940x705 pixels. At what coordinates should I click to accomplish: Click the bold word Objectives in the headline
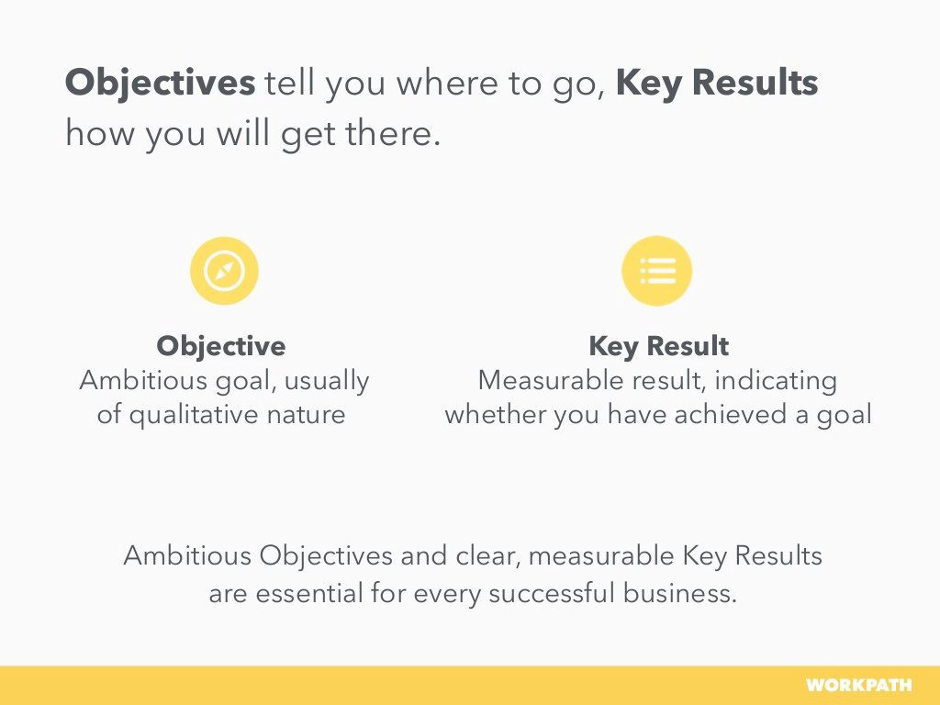pos(160,84)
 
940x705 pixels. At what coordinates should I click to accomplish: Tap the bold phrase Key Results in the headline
pos(717,84)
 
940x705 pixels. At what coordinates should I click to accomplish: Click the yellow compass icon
pos(224,271)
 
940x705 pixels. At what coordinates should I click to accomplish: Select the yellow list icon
pos(657,271)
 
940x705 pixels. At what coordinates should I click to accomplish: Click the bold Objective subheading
pos(221,346)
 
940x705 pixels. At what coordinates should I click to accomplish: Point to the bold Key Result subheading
pos(659,346)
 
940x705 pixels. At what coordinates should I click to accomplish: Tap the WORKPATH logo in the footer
pos(858,685)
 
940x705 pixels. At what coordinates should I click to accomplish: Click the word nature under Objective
pos(306,415)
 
